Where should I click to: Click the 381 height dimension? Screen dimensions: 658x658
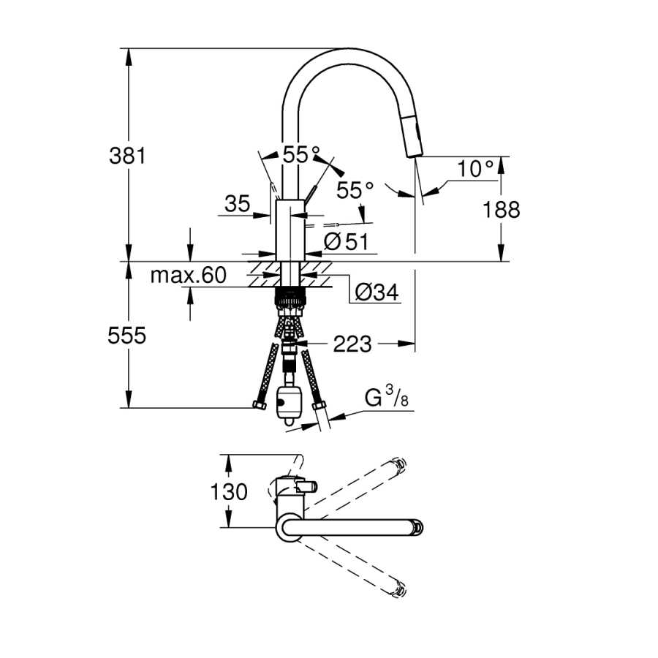pyautogui.click(x=127, y=156)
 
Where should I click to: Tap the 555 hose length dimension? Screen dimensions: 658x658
pyautogui.click(x=126, y=336)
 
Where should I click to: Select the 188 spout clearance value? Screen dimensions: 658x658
pyautogui.click(x=501, y=209)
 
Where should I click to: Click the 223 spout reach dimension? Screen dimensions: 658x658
pyautogui.click(x=352, y=344)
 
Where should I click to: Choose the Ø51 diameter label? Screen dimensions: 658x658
pyautogui.click(x=347, y=241)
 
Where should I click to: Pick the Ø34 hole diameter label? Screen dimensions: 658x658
pyautogui.click(x=377, y=292)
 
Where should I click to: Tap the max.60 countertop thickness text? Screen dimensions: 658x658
pyautogui.click(x=189, y=276)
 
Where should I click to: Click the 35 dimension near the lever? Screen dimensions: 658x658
pyautogui.click(x=238, y=204)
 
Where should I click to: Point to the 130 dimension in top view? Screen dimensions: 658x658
pyautogui.click(x=229, y=491)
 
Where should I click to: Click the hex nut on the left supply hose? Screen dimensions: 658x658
pyautogui.click(x=260, y=405)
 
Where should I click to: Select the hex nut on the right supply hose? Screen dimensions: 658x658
pyautogui.click(x=319, y=405)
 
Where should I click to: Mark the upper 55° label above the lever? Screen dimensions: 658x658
pyautogui.click(x=301, y=154)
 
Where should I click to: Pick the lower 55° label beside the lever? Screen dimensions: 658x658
pyautogui.click(x=355, y=190)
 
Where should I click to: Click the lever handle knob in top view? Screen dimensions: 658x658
pyautogui.click(x=307, y=487)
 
